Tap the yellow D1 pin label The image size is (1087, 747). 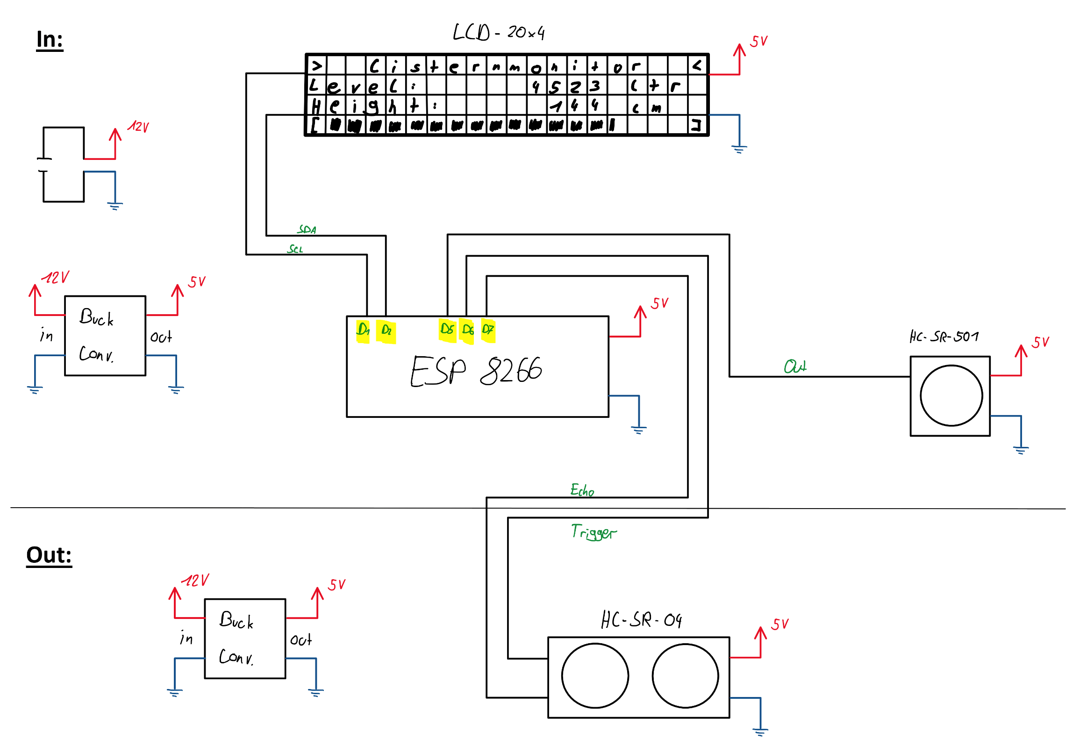(x=363, y=330)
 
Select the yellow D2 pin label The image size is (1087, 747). (x=386, y=331)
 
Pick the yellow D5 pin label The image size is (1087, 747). (x=447, y=330)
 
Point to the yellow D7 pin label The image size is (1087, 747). (x=488, y=330)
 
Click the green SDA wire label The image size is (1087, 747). (x=307, y=230)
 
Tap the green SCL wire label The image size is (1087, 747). (x=295, y=250)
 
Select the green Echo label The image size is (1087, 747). (x=582, y=490)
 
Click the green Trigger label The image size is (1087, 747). (x=594, y=532)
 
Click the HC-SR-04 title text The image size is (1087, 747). (x=641, y=620)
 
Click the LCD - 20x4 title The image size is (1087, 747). (x=499, y=33)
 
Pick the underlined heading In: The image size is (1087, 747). (x=50, y=40)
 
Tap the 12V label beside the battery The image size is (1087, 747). (x=139, y=127)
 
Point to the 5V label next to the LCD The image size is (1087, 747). (x=759, y=41)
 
